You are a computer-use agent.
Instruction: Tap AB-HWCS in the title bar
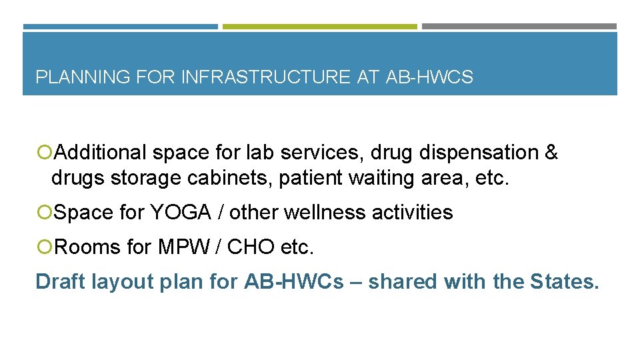point(429,77)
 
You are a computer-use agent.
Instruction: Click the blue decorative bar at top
point(120,27)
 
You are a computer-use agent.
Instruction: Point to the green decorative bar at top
point(319,27)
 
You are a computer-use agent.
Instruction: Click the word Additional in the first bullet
point(100,153)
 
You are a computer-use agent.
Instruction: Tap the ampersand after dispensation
point(551,153)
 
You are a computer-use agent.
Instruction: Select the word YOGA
point(180,213)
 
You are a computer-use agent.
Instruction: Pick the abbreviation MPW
point(186,247)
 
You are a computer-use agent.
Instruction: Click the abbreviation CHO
point(251,247)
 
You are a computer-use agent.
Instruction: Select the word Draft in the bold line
point(61,281)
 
